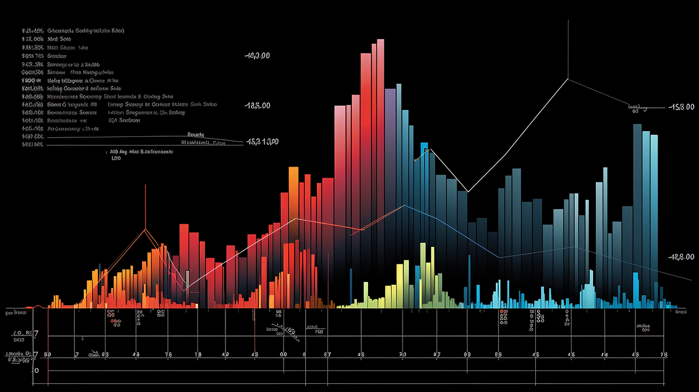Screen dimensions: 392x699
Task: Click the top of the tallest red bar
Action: (380, 41)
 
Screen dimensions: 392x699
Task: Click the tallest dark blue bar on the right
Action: (637, 175)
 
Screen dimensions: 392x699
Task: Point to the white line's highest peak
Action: (568, 79)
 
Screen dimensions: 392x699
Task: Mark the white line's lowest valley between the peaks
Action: (468, 192)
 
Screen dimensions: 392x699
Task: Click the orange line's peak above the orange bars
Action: (145, 229)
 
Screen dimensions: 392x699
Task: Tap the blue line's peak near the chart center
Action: (403, 205)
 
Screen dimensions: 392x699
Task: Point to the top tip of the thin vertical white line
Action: (568, 20)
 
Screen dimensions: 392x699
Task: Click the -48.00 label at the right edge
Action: (682, 257)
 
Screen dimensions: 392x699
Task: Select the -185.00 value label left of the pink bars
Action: (257, 106)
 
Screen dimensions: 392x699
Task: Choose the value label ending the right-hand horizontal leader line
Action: (682, 107)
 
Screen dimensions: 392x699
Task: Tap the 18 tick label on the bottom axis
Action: (198, 354)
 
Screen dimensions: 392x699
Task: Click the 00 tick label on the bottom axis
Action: (284, 354)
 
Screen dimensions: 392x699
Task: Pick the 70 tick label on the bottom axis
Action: (402, 354)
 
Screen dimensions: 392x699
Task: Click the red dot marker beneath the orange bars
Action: (111, 312)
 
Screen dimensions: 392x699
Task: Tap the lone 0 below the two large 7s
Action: (36, 370)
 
